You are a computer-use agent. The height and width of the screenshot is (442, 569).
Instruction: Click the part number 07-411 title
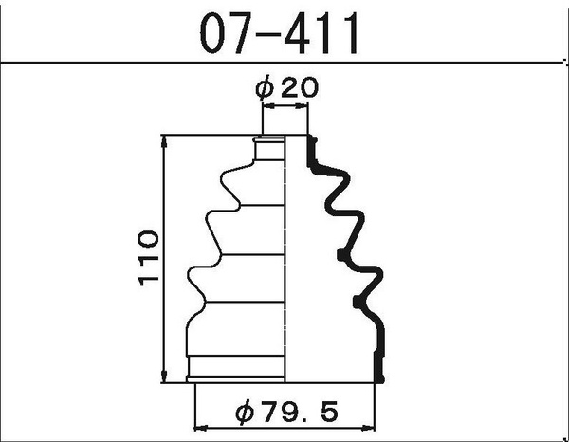tap(280, 33)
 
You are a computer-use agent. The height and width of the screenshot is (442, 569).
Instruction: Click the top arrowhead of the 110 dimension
tap(166, 140)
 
